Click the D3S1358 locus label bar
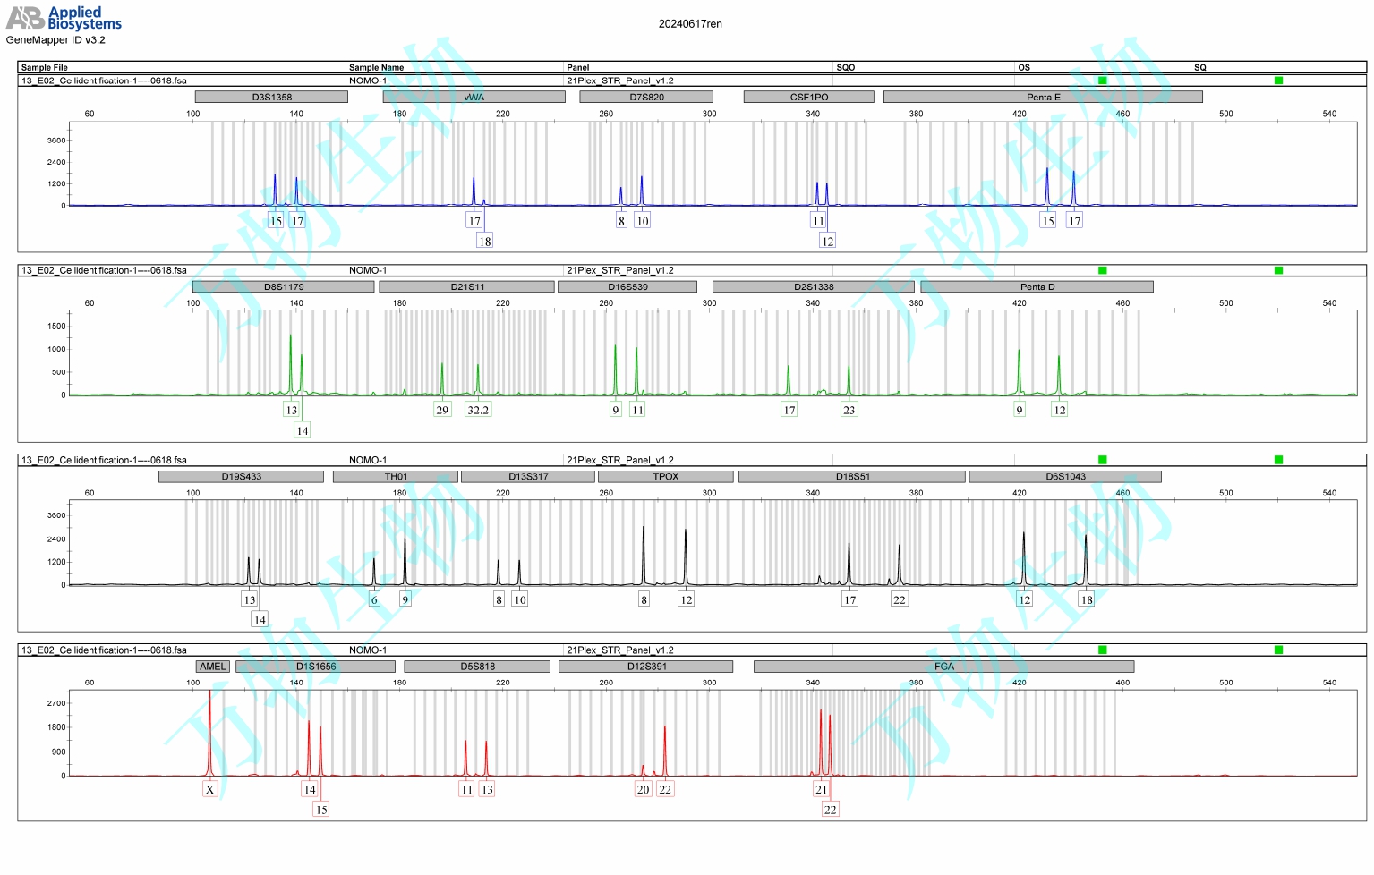271,97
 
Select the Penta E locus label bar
1043,97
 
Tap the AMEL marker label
213,667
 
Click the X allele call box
209,789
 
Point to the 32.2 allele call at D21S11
478,410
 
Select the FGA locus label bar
943,667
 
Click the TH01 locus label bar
396,477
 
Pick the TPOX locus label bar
665,477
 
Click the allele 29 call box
442,410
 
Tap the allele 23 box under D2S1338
849,410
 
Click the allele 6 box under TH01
374,599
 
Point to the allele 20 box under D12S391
643,789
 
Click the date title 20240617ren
690,24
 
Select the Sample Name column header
376,67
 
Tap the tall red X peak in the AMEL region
209,725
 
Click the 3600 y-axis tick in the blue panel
56,140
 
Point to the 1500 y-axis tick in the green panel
56,327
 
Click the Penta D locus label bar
1037,287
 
